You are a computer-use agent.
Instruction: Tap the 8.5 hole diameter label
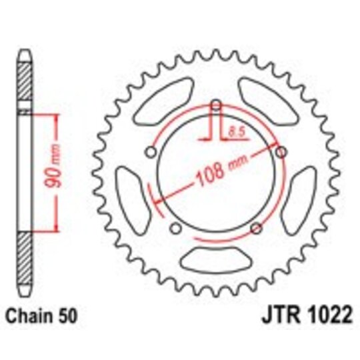coord(234,132)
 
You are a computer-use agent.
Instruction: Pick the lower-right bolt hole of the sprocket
coord(255,229)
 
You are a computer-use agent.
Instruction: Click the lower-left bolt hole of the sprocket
coord(175,229)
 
